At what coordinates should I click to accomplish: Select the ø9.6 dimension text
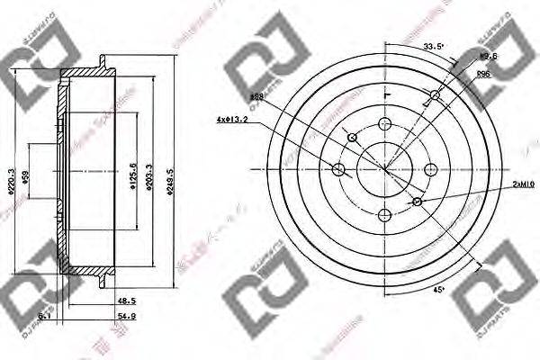(x=490, y=56)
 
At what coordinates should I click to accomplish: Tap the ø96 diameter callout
(x=482, y=74)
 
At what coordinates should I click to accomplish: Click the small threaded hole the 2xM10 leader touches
(x=418, y=202)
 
